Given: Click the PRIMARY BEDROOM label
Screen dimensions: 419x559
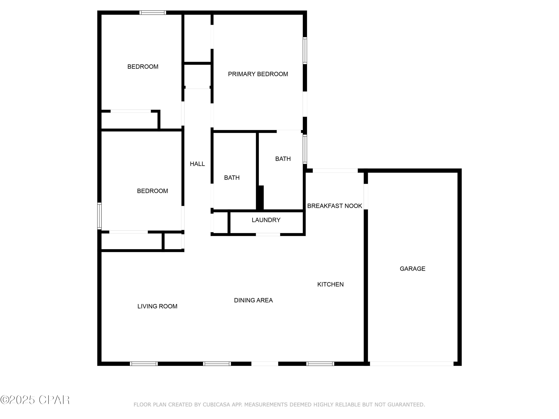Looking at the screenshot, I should tap(258, 74).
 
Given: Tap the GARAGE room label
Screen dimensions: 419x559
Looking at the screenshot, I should tap(412, 269).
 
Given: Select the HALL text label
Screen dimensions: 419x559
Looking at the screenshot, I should tap(197, 164).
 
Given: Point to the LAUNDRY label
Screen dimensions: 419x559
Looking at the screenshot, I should tap(266, 220).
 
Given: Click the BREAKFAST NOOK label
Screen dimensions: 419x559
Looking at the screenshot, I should tap(334, 206).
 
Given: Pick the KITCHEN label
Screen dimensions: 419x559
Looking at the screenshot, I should tap(330, 284).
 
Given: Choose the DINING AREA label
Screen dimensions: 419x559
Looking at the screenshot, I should tap(253, 300).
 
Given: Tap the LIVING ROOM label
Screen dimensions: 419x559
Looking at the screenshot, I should tap(157, 306).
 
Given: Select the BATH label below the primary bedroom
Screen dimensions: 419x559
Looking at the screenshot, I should tap(283, 159).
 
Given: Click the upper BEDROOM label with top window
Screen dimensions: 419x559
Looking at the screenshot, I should tap(143, 67).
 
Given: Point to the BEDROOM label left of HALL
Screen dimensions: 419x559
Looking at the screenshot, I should tap(152, 191).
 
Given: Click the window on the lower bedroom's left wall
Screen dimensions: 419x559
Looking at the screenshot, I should tap(100, 216).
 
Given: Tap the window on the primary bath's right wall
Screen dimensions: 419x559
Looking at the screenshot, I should tap(305, 149).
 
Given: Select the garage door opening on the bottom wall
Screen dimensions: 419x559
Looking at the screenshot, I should tap(411, 364).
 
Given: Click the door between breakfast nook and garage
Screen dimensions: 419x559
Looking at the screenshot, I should tap(366, 196).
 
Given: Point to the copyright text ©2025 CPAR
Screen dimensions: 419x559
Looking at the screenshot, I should tap(35, 400).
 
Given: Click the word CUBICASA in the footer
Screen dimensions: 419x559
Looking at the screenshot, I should tap(216, 405).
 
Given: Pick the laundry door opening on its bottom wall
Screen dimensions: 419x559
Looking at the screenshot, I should tap(268, 235).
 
